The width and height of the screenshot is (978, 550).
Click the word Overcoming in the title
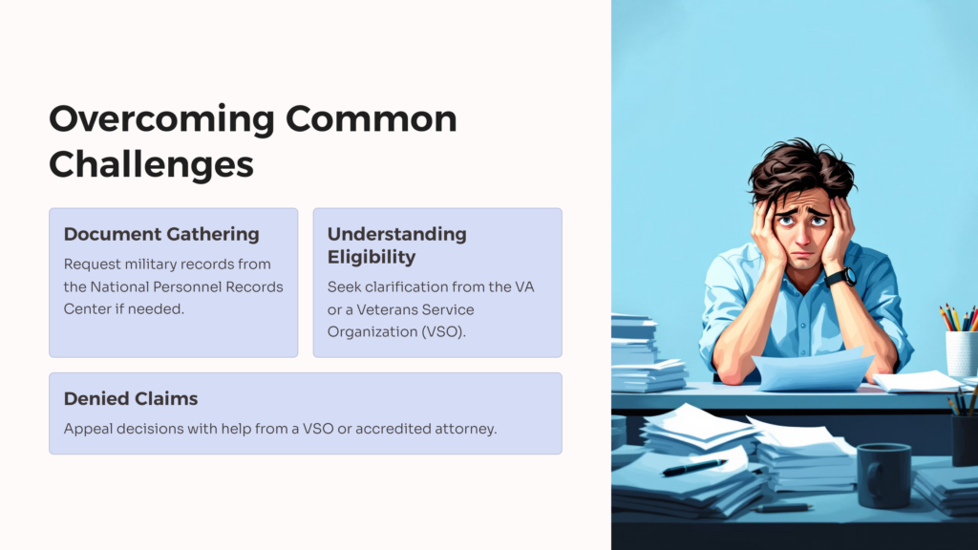tap(161, 119)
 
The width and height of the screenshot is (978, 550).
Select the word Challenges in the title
tap(151, 164)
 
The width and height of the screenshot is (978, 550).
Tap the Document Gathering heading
tap(161, 235)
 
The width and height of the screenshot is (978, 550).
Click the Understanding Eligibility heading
tap(396, 245)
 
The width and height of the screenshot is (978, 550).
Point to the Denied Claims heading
tap(130, 398)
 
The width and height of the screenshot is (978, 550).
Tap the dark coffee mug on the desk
tap(883, 476)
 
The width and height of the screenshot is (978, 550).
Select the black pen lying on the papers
tap(694, 467)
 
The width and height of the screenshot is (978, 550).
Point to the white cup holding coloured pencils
tap(961, 353)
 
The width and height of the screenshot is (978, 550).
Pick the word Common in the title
tap(372, 119)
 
